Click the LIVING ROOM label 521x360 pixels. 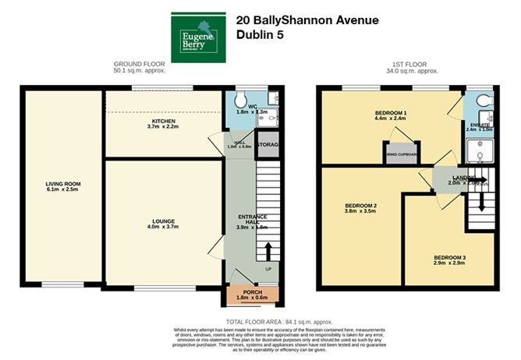coord(63,184)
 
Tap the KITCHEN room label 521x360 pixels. coord(164,123)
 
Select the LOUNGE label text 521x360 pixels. coord(164,221)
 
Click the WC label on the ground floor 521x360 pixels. coord(253,106)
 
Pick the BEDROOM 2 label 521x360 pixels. coord(360,205)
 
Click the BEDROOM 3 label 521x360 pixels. coord(449,258)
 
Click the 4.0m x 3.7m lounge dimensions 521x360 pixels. coord(164,227)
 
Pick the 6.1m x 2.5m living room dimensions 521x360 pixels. coord(63,190)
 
